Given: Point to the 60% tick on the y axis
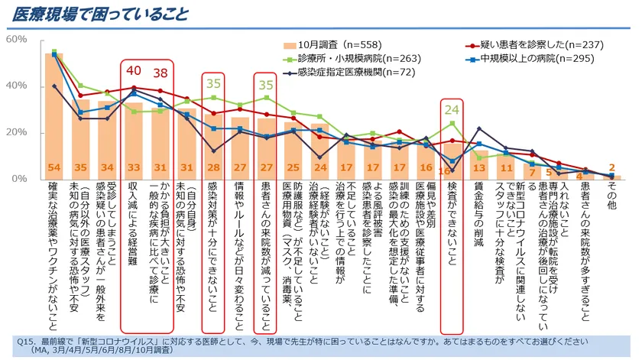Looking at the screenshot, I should (17, 38).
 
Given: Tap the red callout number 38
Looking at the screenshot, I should (160, 73).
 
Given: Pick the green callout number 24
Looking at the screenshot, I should (452, 109).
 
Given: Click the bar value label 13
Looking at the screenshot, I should (478, 168).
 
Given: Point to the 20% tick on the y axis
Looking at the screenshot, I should (17, 132).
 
